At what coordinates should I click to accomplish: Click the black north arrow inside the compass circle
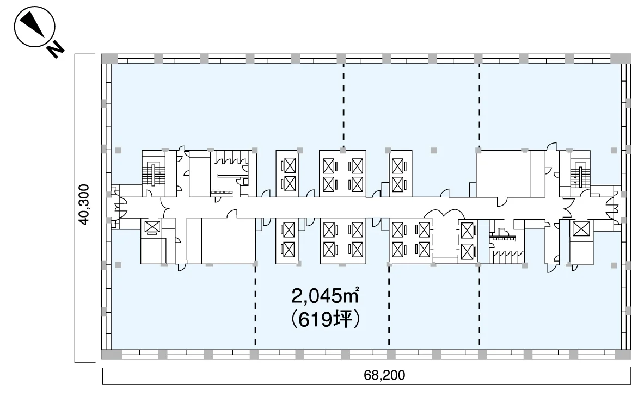pos(33,24)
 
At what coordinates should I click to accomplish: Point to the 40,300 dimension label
pos(84,204)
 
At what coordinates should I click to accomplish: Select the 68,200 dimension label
pos(384,375)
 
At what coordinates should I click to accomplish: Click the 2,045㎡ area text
pos(326,296)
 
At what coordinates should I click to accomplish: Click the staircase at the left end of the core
pos(153,173)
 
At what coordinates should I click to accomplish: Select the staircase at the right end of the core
pos(580,173)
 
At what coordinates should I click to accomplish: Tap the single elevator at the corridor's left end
pos(152,227)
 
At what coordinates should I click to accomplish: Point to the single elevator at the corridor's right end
pos(581,228)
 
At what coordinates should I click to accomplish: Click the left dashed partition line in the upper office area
pos(344,105)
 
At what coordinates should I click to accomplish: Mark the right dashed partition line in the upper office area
pos(479,105)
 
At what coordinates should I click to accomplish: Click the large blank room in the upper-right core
pos(504,174)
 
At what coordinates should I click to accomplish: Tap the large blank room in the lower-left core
pos(228,241)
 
